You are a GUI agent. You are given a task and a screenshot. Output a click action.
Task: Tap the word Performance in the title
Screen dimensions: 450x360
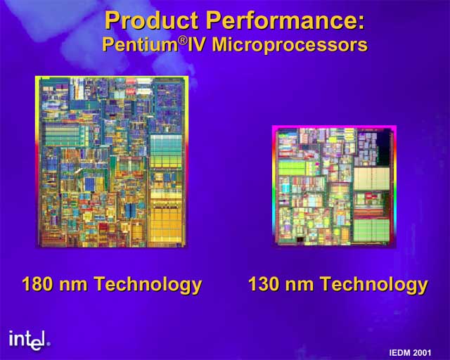[281, 20]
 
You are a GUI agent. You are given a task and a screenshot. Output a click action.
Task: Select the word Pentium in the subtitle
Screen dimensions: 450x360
[140, 45]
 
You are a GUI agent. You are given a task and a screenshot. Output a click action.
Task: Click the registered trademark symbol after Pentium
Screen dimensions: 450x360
[183, 41]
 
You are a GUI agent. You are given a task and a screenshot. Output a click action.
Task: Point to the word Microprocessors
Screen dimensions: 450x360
[290, 45]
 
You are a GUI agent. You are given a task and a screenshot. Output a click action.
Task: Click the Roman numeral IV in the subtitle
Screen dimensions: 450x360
[198, 45]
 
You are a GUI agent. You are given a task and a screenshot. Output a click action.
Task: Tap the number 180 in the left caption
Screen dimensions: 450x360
[37, 284]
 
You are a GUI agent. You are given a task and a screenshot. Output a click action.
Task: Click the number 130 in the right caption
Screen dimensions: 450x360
[264, 284]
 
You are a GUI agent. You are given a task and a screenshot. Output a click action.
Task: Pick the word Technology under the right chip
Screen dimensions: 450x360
[374, 285]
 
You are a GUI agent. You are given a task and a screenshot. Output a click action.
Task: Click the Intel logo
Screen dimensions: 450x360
[30, 340]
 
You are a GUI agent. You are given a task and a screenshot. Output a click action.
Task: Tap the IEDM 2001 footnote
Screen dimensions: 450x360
[410, 352]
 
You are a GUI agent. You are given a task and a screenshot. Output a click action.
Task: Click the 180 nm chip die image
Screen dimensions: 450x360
[112, 162]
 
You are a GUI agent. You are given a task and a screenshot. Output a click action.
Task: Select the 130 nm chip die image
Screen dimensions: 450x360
[335, 186]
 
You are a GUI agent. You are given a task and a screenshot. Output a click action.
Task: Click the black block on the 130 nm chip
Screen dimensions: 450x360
[383, 149]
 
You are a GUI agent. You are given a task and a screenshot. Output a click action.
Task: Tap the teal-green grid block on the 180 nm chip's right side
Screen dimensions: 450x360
[166, 151]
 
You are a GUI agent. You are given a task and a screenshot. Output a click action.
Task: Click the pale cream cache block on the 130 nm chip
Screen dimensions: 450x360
[371, 179]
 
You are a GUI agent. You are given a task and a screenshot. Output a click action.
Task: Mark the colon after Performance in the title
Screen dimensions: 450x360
[361, 22]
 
